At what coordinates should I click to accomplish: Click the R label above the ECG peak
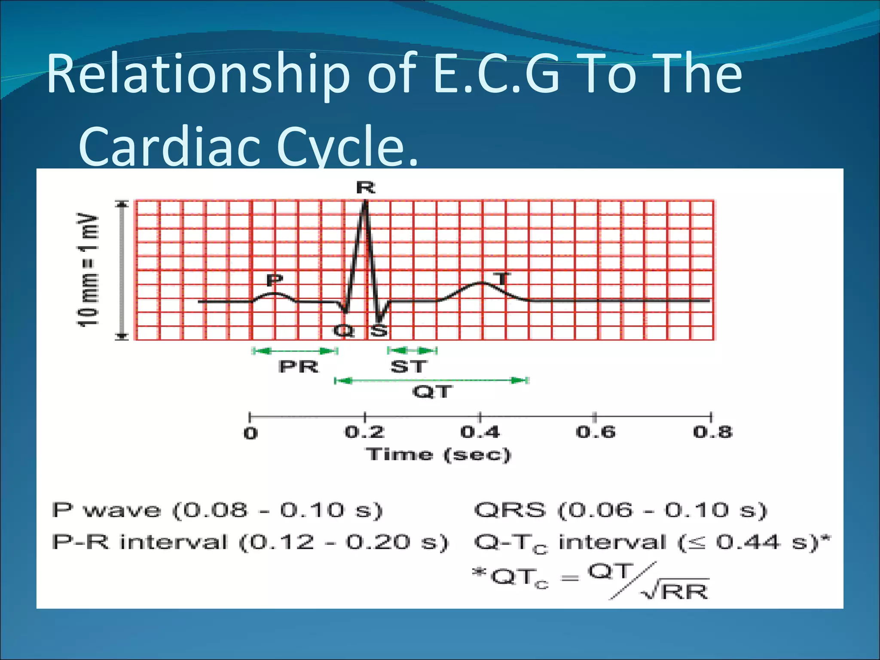[x=366, y=188]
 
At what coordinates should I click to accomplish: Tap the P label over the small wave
[x=275, y=280]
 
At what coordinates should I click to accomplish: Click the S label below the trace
[x=379, y=331]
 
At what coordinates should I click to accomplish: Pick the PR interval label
[x=299, y=367]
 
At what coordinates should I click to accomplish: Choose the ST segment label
[x=409, y=367]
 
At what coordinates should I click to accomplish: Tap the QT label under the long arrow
[x=432, y=392]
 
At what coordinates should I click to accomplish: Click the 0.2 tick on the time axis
[x=365, y=432]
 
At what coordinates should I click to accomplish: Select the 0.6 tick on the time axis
[x=596, y=432]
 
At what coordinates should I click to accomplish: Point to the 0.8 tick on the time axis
[x=712, y=432]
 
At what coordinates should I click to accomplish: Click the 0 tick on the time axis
[x=251, y=433]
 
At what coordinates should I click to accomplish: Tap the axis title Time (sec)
[x=438, y=455]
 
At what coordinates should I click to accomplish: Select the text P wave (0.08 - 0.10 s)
[x=217, y=510]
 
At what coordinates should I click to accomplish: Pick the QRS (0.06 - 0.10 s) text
[x=620, y=510]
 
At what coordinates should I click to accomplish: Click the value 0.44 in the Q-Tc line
[x=747, y=542]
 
